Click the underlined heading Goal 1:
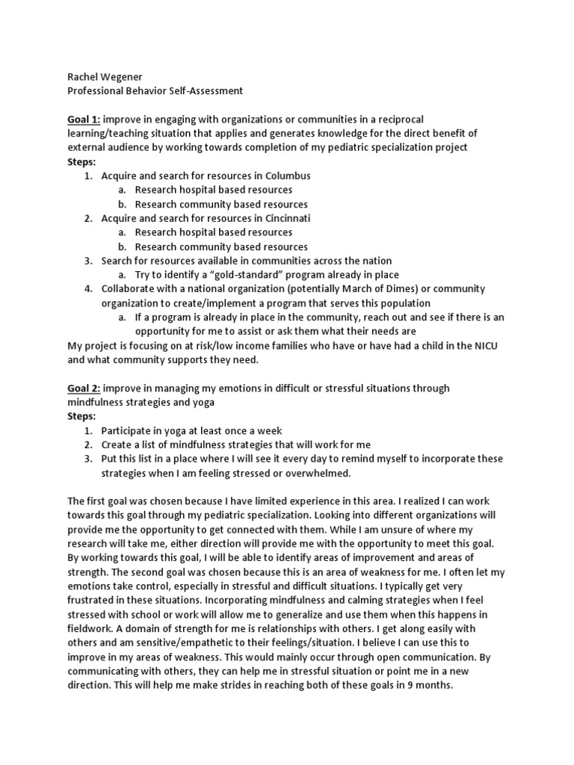83,120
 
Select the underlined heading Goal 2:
83,388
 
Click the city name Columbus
283,176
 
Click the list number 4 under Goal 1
87,288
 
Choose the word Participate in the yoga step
127,430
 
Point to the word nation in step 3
375,261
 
